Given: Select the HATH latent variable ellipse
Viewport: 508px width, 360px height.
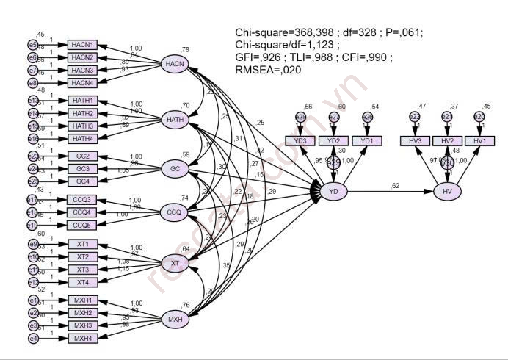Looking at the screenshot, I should pyautogui.click(x=175, y=119).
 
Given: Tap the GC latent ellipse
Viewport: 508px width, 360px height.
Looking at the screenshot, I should pyautogui.click(x=175, y=170).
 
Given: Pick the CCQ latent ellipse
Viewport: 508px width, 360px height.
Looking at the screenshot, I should pyautogui.click(x=175, y=212).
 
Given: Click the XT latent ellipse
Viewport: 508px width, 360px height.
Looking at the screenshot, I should pyautogui.click(x=175, y=263).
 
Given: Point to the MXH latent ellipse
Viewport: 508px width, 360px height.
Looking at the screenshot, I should pyautogui.click(x=175, y=320).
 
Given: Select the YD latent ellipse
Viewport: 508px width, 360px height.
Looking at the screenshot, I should pyautogui.click(x=335, y=192).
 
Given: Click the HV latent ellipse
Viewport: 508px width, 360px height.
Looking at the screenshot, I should pyautogui.click(x=447, y=192).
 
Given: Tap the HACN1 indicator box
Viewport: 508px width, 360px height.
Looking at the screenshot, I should pyautogui.click(x=82, y=45).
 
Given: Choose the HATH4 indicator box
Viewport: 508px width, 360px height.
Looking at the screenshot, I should pyautogui.click(x=82, y=139).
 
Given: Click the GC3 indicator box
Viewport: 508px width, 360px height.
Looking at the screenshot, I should pyautogui.click(x=82, y=169).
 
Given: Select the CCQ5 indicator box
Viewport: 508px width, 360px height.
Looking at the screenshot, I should pyautogui.click(x=82, y=225).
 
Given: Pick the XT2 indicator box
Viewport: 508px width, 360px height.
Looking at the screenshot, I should pyautogui.click(x=82, y=257).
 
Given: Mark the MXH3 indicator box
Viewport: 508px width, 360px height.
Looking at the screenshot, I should pyautogui.click(x=82, y=325).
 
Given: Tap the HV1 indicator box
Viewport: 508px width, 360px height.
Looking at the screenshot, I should pyautogui.click(x=479, y=140).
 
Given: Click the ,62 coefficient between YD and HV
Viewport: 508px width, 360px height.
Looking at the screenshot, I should pyautogui.click(x=396, y=185).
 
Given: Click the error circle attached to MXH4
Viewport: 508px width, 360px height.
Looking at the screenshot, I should pyautogui.click(x=34, y=338).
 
